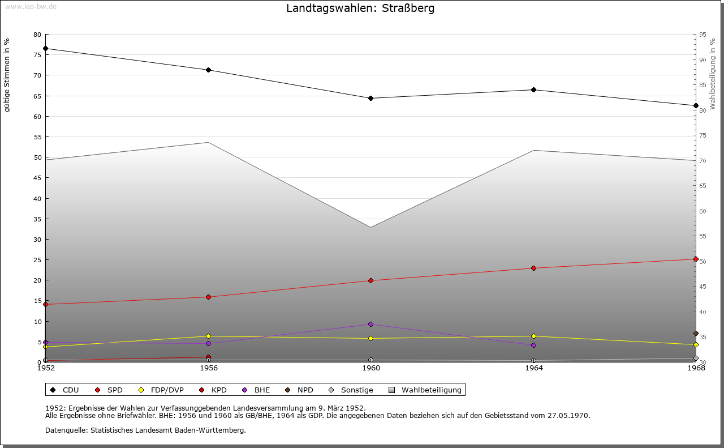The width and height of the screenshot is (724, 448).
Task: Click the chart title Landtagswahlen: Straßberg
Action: click(360, 8)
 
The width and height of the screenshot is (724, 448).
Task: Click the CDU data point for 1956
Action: click(209, 70)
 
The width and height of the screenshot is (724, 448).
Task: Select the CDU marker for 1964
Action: click(534, 90)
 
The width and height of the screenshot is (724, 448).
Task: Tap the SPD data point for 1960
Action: click(371, 281)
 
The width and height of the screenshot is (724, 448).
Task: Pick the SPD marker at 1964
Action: click(534, 268)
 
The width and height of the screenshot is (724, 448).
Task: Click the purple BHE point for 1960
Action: click(371, 325)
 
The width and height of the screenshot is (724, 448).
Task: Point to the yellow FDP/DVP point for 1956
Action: click(209, 336)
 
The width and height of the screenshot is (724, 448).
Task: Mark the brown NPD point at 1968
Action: click(696, 334)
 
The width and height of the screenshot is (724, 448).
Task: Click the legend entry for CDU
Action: click(65, 390)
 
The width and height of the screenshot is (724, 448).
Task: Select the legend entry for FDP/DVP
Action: click(161, 390)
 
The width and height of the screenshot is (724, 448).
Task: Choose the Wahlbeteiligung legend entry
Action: click(425, 390)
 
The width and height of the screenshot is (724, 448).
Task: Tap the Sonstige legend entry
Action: click(350, 390)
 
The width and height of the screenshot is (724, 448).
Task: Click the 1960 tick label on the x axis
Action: click(371, 368)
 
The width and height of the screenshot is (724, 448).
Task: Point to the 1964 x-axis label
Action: click(534, 368)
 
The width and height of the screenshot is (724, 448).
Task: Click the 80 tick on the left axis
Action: click(37, 35)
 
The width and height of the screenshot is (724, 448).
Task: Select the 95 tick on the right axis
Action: click(703, 35)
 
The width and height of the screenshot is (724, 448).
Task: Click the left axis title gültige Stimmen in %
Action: click(7, 75)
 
